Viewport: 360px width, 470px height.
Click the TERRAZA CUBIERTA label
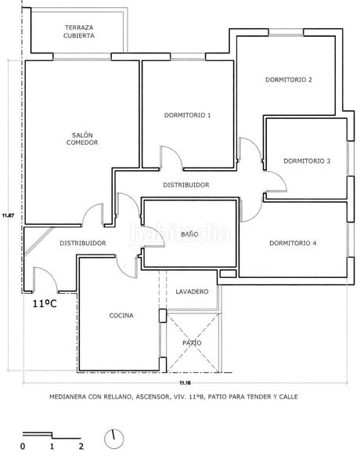79,31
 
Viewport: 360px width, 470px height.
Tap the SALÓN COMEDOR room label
82,139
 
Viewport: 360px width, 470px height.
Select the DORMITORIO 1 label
188,115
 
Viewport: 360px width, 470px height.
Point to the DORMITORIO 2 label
289,80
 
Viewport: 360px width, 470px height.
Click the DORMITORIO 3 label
307,161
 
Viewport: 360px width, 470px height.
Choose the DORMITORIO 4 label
293,243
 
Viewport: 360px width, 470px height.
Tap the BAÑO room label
189,233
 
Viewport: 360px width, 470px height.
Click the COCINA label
121,316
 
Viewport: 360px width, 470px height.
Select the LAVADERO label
192,291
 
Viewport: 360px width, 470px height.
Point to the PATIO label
192,343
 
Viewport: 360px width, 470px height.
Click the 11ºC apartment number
45,304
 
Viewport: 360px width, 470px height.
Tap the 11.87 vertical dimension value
8,215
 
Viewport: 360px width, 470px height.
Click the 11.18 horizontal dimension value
185,383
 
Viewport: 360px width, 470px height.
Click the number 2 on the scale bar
81,446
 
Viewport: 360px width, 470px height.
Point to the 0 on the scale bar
23,446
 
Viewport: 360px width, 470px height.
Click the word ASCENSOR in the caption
152,397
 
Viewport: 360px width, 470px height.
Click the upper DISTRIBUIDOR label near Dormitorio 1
186,185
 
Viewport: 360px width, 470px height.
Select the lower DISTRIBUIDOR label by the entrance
83,243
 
